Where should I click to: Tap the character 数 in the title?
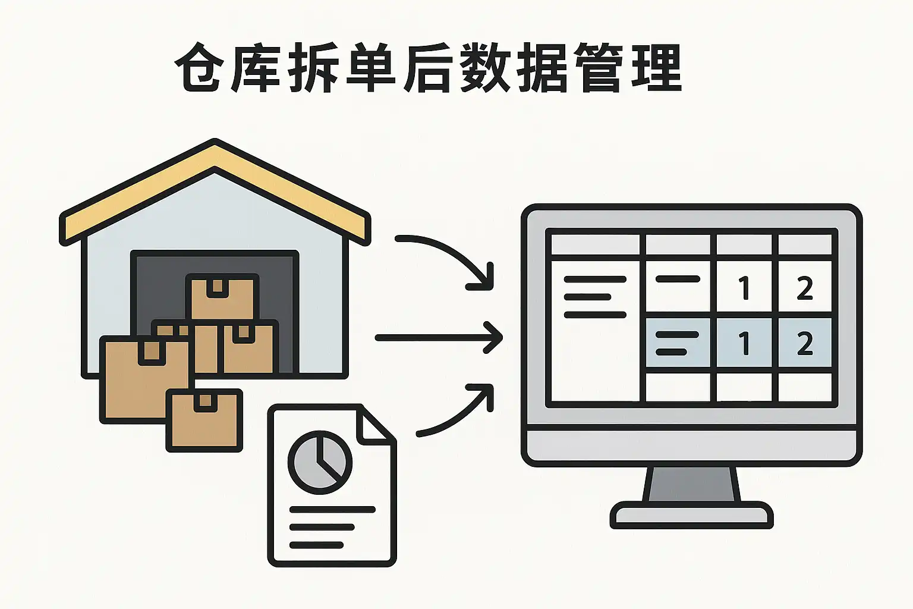click(x=485, y=68)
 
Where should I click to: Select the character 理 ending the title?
click(x=656, y=68)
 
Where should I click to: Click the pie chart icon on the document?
click(x=320, y=463)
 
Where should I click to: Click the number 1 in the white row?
click(x=744, y=289)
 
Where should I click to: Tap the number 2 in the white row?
click(x=804, y=289)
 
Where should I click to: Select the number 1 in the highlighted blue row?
click(x=744, y=344)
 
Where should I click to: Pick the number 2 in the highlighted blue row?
click(x=804, y=344)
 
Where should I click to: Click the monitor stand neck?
click(x=692, y=484)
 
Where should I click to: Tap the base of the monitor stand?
click(x=692, y=514)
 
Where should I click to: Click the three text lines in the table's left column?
click(x=594, y=297)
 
